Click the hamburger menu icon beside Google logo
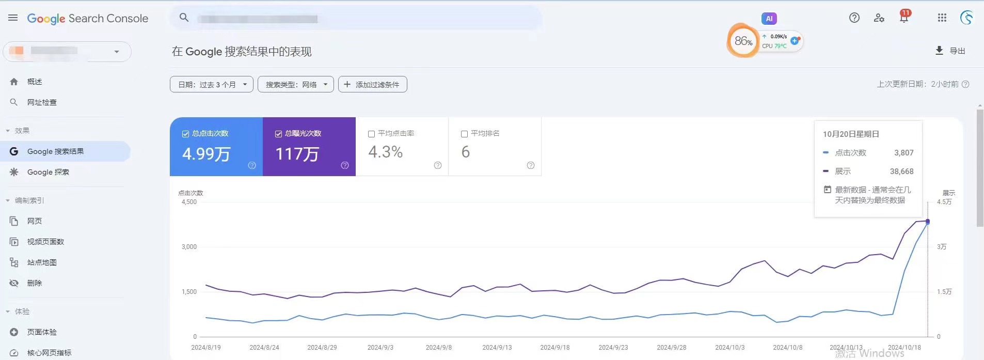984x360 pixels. [13, 18]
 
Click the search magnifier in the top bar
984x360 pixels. [184, 18]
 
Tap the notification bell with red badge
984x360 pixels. [904, 18]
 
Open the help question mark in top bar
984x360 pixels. [854, 18]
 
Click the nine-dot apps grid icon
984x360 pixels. [942, 18]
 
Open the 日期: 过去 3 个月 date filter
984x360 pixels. [211, 85]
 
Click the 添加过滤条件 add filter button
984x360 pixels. [372, 85]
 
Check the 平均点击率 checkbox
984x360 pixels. [371, 134]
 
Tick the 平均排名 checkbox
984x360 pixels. [464, 134]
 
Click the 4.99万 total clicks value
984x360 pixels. [207, 154]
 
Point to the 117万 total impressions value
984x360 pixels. [297, 154]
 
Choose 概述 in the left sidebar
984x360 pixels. [35, 82]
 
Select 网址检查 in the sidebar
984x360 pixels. [42, 102]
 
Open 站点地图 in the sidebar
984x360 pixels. [42, 262]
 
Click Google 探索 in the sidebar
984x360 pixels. [48, 172]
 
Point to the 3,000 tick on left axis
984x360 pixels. [189, 247]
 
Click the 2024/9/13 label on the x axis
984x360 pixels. [497, 348]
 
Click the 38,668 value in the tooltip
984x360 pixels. [901, 171]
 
